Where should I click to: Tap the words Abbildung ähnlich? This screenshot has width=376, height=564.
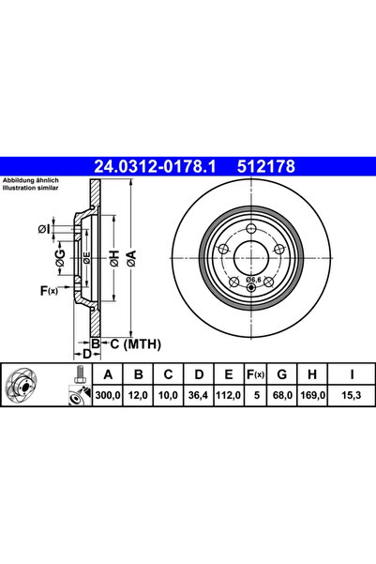[x=31, y=180]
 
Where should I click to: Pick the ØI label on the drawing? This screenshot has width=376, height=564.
[x=43, y=228]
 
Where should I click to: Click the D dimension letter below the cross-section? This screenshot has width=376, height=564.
[x=85, y=354]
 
